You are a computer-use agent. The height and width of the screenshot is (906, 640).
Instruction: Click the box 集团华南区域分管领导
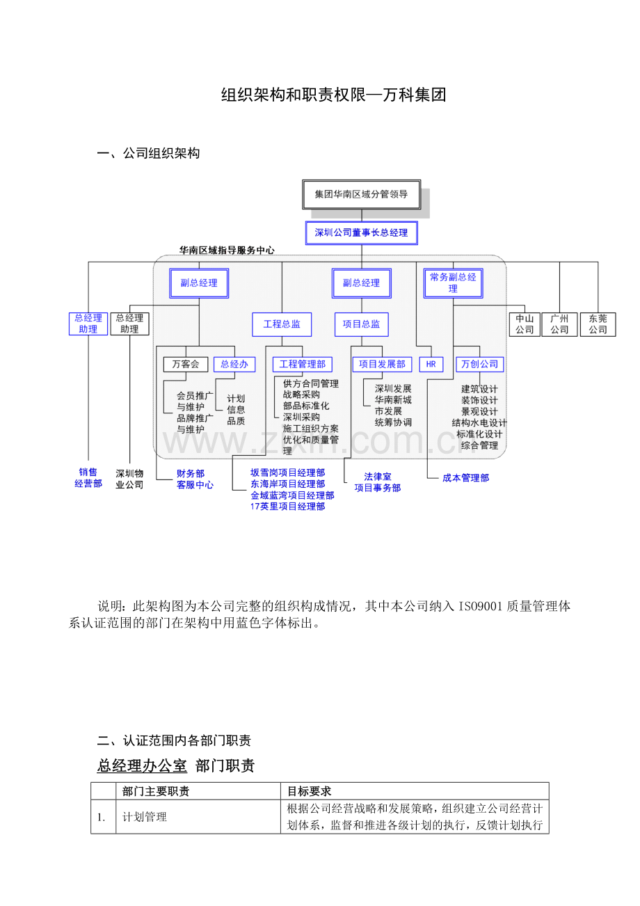tap(361, 194)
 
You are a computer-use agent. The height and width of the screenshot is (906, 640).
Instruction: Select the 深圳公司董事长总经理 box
tap(361, 233)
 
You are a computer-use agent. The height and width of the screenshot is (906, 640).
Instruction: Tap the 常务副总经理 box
tap(453, 283)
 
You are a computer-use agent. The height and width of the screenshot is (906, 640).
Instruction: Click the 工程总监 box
tap(282, 324)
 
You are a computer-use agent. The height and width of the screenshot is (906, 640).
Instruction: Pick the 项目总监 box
tap(362, 324)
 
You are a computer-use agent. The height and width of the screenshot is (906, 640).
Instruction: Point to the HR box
tap(431, 364)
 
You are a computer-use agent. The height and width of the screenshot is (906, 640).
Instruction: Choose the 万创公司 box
tap(480, 364)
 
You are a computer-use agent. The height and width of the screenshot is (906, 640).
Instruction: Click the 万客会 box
tap(186, 364)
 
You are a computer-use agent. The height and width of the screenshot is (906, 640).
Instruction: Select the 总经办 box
tap(234, 364)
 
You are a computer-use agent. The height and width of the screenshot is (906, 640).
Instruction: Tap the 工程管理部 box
tap(302, 364)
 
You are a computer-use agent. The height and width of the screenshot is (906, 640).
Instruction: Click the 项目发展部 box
tap(382, 364)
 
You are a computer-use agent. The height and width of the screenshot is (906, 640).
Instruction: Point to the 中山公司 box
tap(525, 324)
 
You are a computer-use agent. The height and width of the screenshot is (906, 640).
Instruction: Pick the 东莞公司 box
tap(598, 324)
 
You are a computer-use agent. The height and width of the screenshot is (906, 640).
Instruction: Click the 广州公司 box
tap(559, 324)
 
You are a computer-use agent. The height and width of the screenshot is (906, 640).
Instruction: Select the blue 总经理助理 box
tap(88, 324)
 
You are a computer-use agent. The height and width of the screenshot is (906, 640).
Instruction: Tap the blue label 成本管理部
tap(465, 478)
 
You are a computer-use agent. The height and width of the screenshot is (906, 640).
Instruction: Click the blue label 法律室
tap(378, 477)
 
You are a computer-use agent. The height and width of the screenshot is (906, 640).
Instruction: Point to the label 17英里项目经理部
tap(287, 507)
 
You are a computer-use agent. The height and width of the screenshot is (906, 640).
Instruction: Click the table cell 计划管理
tap(145, 817)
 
